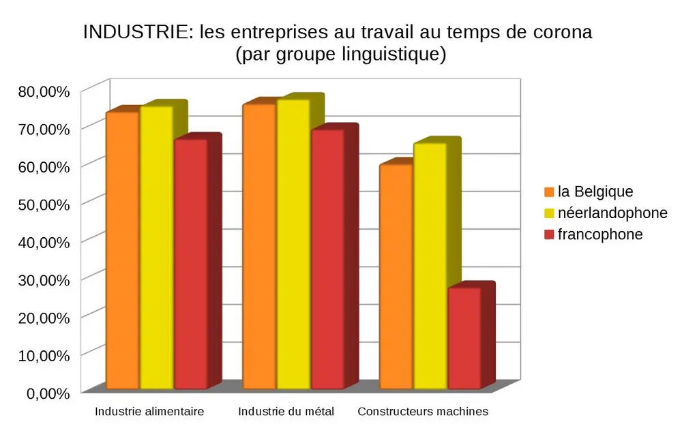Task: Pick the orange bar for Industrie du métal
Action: [259, 246]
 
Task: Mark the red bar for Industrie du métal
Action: [327, 259]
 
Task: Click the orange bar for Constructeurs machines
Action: [396, 277]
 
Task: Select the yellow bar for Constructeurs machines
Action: [430, 266]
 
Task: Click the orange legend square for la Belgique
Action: [549, 192]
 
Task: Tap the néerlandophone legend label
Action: [612, 213]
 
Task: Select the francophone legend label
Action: [599, 234]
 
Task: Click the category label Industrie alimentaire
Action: [149, 412]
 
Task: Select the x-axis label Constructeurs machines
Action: [423, 412]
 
